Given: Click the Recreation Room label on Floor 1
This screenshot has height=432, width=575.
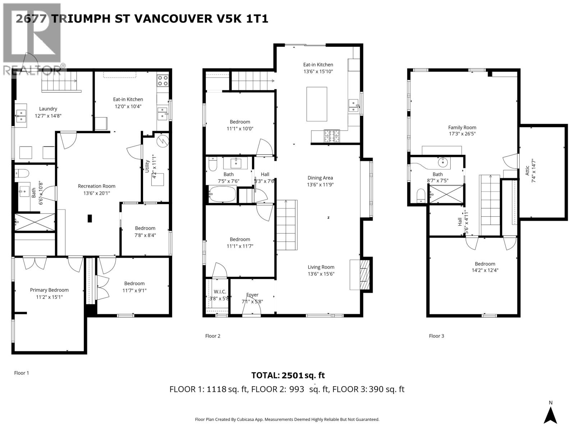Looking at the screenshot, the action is (x=96, y=186).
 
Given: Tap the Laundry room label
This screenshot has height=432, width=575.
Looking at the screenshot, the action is (x=48, y=109).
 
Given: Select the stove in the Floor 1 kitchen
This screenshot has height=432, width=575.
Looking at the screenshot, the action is (x=162, y=81).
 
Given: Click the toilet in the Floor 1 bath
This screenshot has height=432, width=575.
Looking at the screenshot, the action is (x=22, y=173).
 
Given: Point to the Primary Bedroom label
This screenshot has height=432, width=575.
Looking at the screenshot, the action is (x=49, y=290).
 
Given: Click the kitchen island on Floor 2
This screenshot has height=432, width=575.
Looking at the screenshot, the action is (x=317, y=104).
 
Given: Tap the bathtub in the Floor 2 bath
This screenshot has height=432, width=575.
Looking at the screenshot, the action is (x=222, y=194).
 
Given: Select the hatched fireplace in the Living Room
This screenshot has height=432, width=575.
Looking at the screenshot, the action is (x=364, y=275).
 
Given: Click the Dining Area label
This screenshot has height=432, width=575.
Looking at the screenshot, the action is (x=320, y=178).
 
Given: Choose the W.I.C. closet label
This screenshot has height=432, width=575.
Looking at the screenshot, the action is (x=220, y=292).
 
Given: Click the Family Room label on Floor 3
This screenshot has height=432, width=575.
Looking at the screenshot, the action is (x=462, y=127).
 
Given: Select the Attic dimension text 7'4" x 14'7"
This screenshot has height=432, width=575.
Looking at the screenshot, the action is (x=534, y=171).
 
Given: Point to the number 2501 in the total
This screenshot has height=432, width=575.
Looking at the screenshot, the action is (x=292, y=375).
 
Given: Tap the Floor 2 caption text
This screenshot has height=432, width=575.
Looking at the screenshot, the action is (x=213, y=336).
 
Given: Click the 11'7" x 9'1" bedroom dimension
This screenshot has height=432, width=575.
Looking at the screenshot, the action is (x=134, y=291).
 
